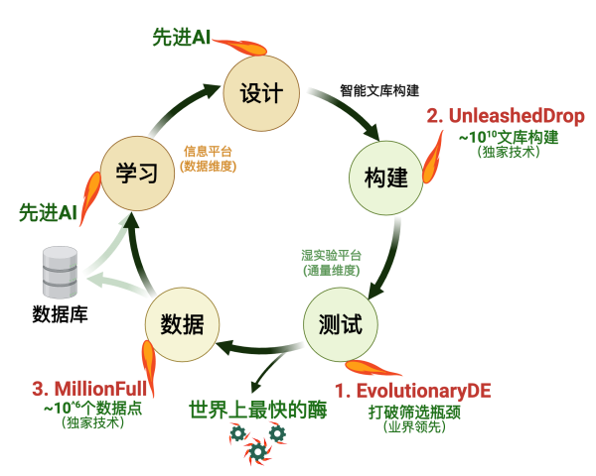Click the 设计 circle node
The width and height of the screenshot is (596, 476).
pyautogui.click(x=261, y=93)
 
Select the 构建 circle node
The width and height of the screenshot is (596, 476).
pyautogui.click(x=385, y=178)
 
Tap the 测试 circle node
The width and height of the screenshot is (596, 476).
pyautogui.click(x=341, y=324)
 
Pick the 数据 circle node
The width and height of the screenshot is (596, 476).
pyautogui.click(x=182, y=324)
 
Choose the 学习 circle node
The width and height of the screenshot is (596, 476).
pyautogui.click(x=137, y=173)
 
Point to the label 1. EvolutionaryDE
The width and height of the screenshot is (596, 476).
pyautogui.click(x=412, y=389)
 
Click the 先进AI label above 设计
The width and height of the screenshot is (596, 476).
pyautogui.click(x=181, y=37)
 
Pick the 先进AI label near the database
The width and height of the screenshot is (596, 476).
pyautogui.click(x=48, y=212)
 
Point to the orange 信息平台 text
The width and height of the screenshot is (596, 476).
pyautogui.click(x=208, y=152)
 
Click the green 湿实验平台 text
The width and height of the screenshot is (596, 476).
pyautogui.click(x=331, y=254)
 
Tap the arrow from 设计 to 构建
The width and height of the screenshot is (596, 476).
pyautogui.click(x=343, y=112)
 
